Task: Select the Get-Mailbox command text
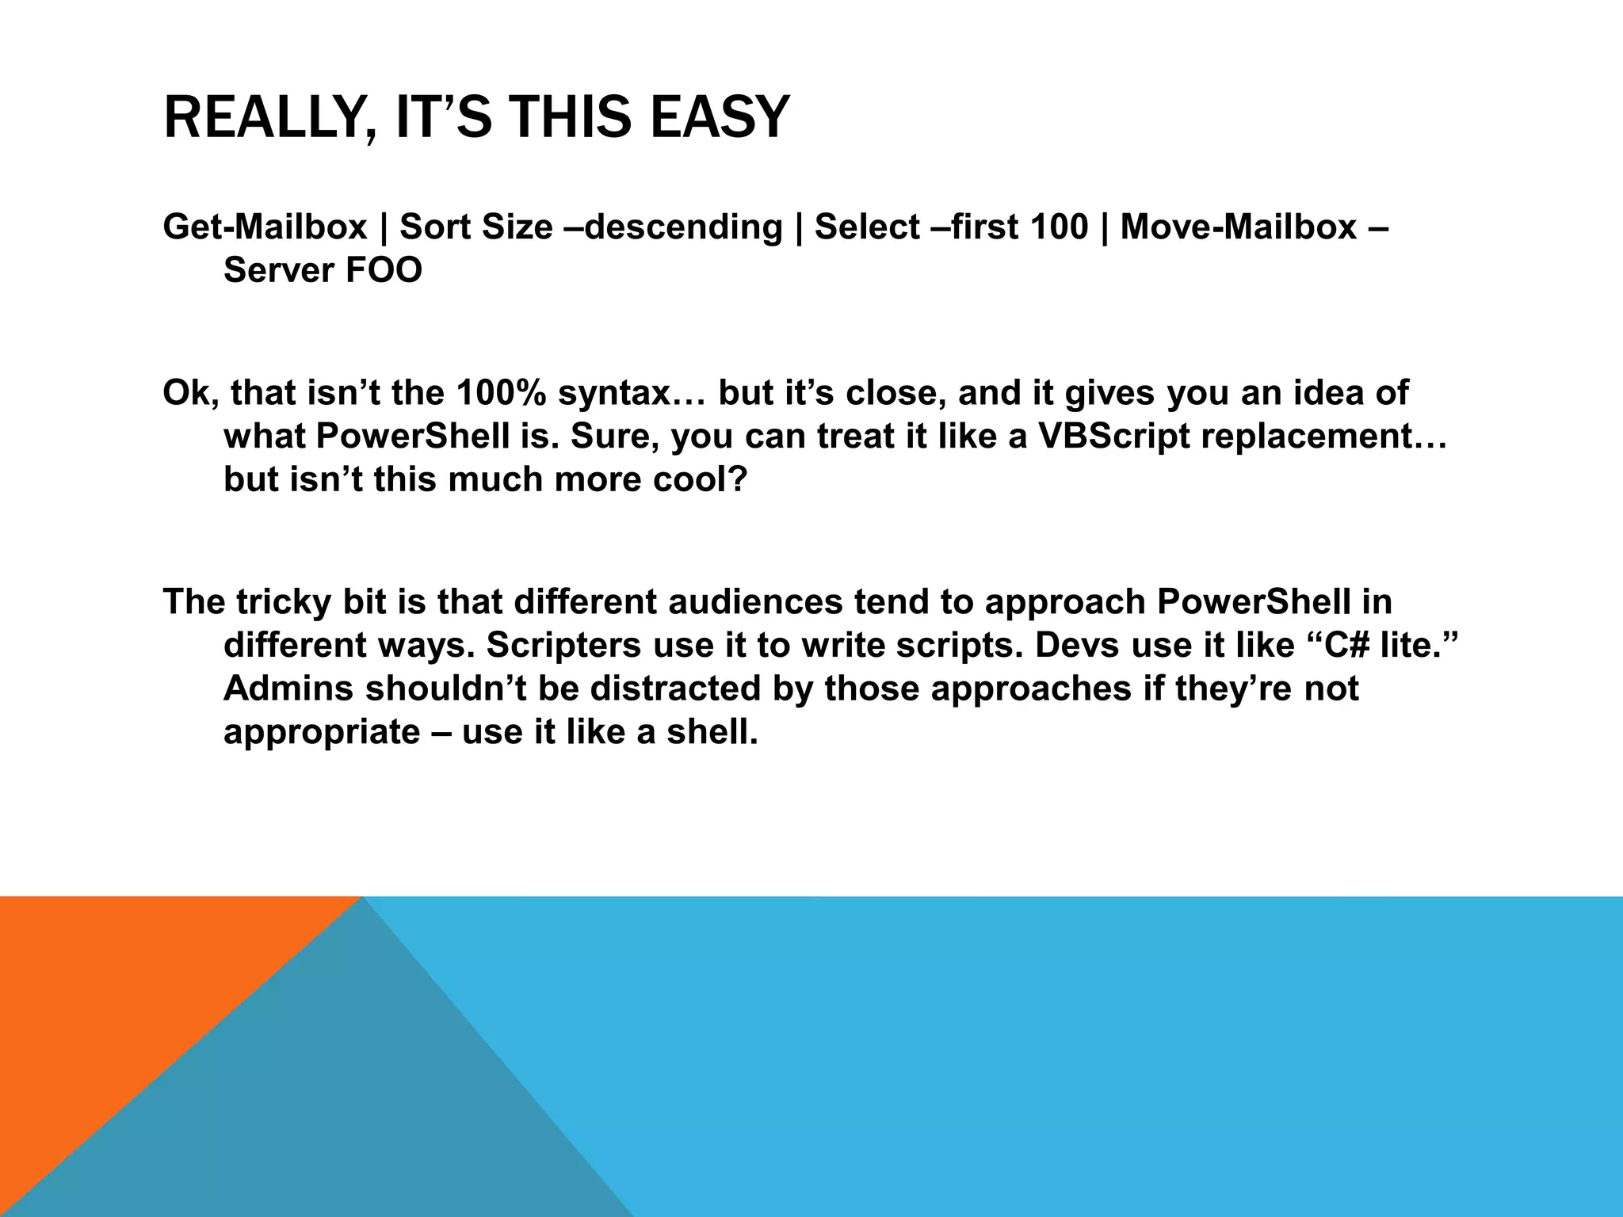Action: click(x=265, y=227)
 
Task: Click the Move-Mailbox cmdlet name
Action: click(x=1238, y=227)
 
